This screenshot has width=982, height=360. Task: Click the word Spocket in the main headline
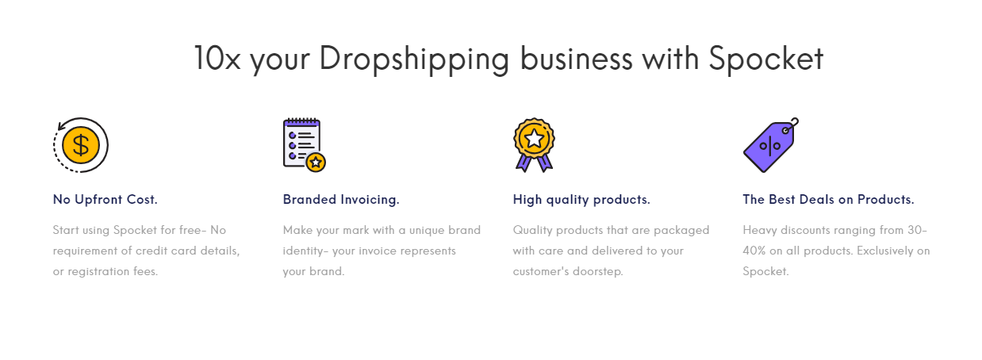coord(766,59)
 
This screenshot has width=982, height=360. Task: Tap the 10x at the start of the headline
coord(217,58)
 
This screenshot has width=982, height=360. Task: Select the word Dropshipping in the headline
coord(414,59)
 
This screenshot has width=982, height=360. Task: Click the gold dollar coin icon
coord(81,145)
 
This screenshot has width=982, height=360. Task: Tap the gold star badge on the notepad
coord(316,163)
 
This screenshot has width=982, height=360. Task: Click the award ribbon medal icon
coord(534,145)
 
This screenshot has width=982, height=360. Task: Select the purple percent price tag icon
coord(771,145)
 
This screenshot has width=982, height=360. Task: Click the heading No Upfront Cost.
coord(105,200)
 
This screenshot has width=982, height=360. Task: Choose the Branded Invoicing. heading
coord(341,200)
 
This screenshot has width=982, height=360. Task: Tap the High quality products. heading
coord(581,200)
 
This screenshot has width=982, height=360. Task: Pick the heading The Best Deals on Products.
coord(828,200)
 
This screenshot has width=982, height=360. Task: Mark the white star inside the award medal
coord(534,139)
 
